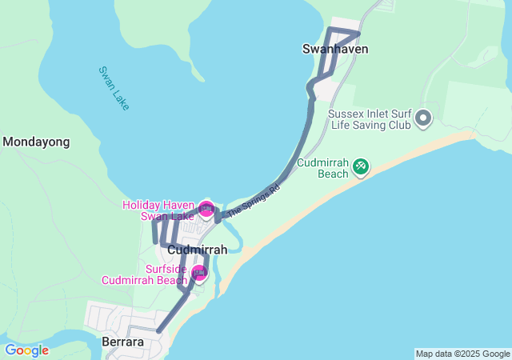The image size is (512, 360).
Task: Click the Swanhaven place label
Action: click(335, 49)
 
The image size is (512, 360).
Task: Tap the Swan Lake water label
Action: click(113, 88)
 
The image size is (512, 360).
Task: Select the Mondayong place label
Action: click(36, 142)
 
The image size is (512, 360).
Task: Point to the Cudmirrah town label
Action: click(198, 250)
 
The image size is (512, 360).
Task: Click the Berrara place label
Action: click(123, 342)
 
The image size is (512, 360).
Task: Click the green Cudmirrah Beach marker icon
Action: click(361, 166)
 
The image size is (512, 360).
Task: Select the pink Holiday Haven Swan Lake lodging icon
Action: click(206, 210)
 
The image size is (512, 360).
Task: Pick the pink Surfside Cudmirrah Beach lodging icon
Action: click(199, 274)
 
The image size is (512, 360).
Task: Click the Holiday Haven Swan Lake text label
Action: click(158, 210)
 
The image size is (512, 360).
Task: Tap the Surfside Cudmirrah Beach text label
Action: click(145, 274)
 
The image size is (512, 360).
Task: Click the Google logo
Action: click(26, 350)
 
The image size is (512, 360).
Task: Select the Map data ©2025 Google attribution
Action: click(462, 354)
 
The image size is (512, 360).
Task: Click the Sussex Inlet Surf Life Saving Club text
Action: click(370, 119)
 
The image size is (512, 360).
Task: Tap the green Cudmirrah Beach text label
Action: click(322, 167)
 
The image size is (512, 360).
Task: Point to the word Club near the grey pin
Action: click(397, 125)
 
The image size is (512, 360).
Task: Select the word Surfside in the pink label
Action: click(166, 269)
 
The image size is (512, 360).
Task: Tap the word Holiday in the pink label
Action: click(141, 205)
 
